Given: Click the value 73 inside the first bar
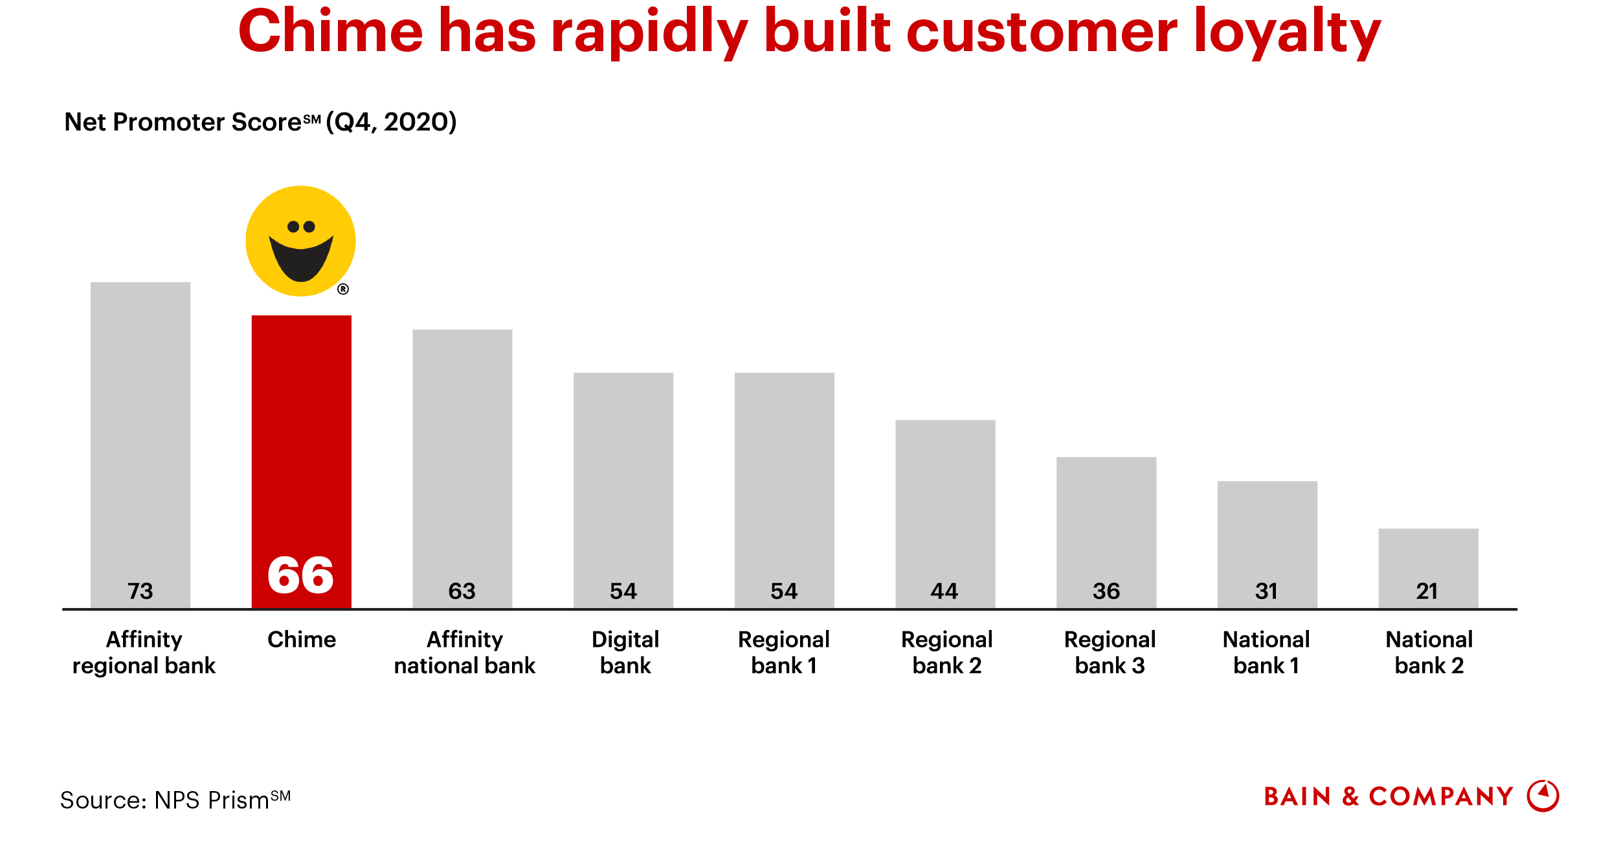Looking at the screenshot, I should coord(140,591).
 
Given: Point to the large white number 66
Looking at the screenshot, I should coord(301,575).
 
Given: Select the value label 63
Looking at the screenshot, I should coord(462,591).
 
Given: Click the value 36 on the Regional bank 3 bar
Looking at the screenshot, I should coord(1106,591).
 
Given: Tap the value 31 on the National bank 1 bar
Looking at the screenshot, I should coord(1267,591).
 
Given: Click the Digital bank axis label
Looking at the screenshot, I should coord(625,652).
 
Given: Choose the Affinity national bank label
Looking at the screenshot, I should coord(464,652).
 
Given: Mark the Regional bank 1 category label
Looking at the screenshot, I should coord(783,652).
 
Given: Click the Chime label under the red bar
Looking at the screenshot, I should coord(302,639).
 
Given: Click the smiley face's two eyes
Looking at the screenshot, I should coord(301,226).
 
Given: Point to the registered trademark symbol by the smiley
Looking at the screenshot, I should coord(343,289).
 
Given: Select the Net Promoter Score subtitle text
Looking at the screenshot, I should coord(260,122).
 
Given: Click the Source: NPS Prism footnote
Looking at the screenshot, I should coord(175,799).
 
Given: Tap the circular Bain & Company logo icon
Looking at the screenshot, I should coord(1543,796).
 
